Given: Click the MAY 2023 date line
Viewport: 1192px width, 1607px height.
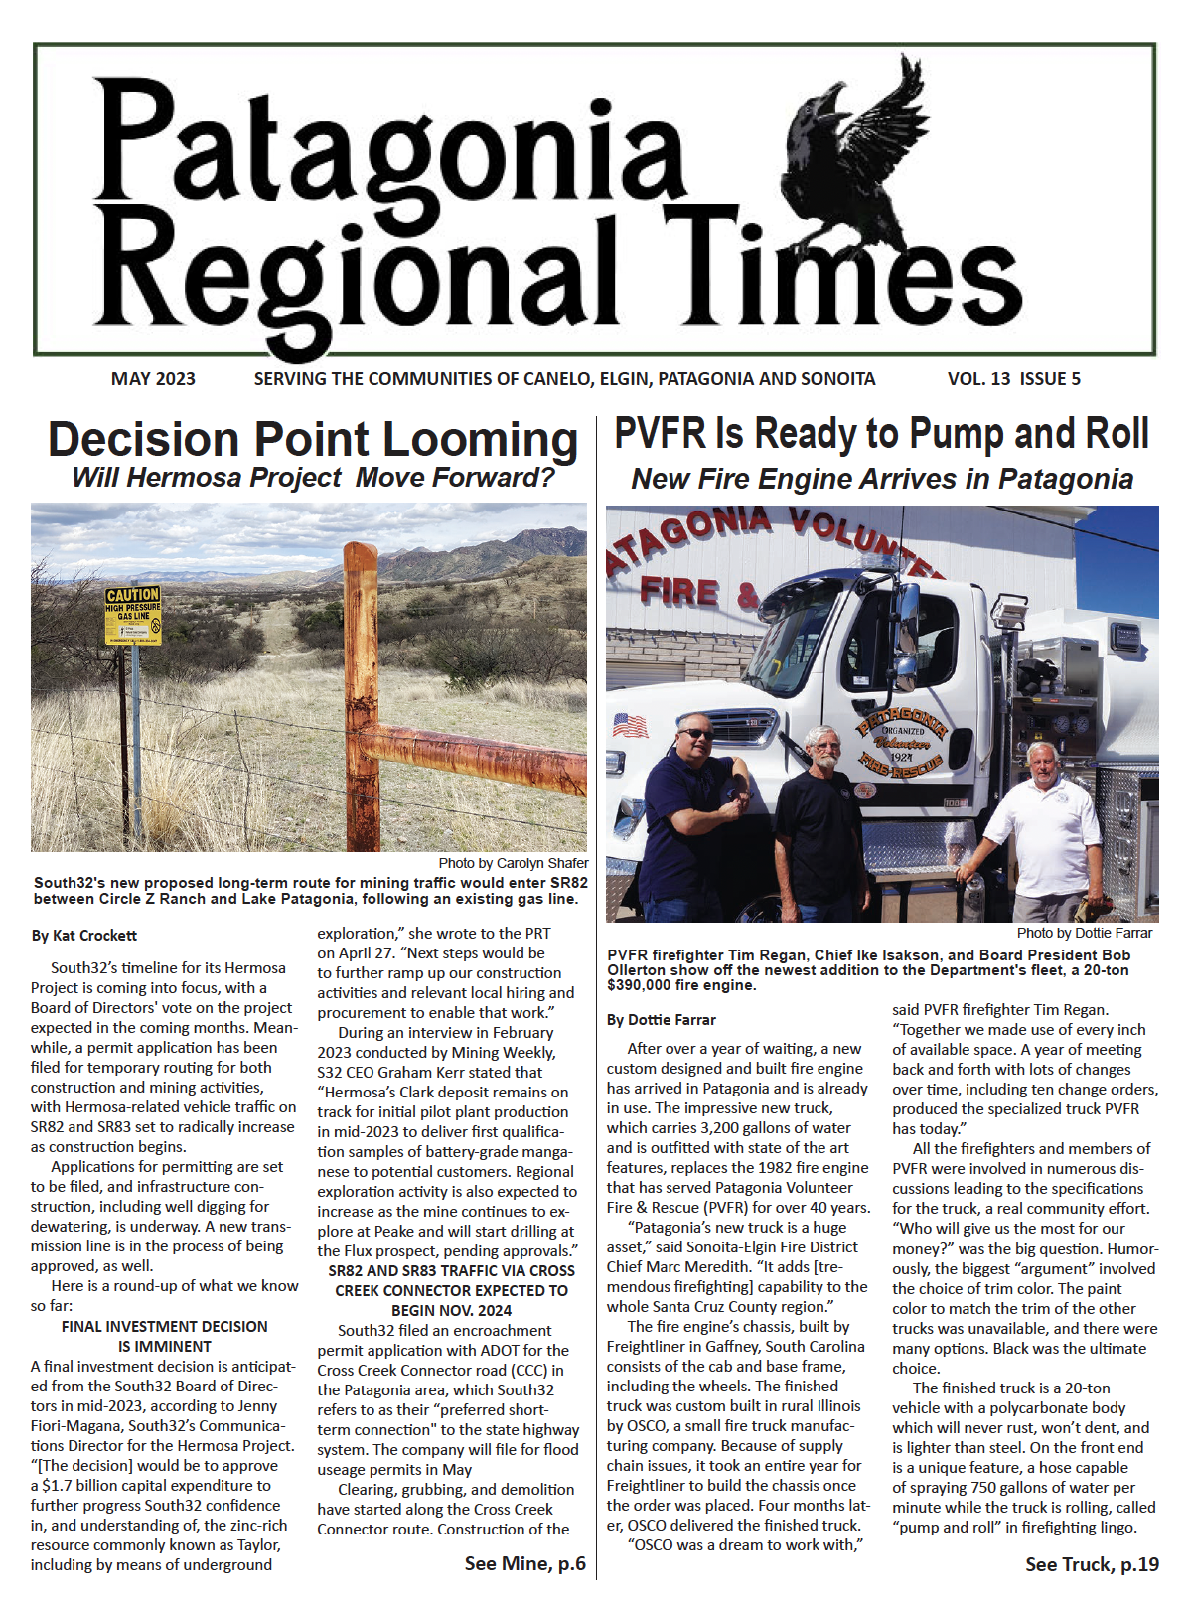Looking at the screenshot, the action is click(153, 379).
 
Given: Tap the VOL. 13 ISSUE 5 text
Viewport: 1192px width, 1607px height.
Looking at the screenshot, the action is click(1013, 379).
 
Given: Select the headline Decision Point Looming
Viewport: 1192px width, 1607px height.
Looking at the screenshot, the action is click(313, 440).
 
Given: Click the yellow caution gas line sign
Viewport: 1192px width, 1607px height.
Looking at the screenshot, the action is click(132, 615).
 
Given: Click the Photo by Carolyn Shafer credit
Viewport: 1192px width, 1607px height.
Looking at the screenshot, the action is click(513, 863).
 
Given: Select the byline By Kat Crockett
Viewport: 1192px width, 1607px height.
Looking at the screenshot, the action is click(83, 936).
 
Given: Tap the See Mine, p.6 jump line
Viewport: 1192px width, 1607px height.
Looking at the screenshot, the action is click(524, 1564).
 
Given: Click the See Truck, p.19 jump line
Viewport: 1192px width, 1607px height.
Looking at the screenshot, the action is click(1092, 1564).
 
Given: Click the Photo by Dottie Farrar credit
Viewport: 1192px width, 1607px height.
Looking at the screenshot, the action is click(1084, 933).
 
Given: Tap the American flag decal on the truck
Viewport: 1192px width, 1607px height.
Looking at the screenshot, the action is click(630, 726).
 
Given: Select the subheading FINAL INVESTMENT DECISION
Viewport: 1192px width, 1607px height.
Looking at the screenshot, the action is click(164, 1327).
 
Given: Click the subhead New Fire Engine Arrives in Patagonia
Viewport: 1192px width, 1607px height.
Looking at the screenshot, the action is click(882, 479).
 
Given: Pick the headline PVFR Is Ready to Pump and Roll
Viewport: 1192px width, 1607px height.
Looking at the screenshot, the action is click(882, 435).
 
